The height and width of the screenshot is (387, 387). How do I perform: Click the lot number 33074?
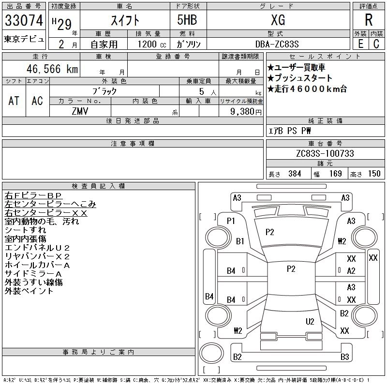point(24,20)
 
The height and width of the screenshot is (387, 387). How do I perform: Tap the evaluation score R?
point(368,20)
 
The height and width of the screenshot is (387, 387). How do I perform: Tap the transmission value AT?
point(14,101)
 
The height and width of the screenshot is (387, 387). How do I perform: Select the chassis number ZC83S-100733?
point(325,153)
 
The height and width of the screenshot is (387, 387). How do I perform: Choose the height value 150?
point(374,174)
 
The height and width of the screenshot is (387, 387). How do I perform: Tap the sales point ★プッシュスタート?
point(300,78)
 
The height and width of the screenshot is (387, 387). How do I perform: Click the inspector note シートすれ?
point(25,230)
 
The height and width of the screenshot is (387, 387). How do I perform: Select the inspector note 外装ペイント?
point(29,291)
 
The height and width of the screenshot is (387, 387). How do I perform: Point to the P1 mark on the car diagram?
point(230,221)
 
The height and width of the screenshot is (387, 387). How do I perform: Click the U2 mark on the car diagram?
point(310,321)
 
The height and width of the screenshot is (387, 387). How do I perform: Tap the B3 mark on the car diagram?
point(344,357)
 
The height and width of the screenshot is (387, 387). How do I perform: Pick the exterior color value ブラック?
point(104,91)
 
